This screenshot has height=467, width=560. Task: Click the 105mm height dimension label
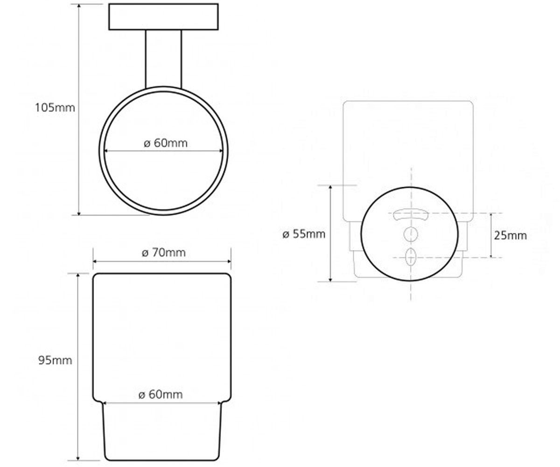coord(55,107)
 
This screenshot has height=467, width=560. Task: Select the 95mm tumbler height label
coord(55,360)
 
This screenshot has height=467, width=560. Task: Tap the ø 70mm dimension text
coord(164,253)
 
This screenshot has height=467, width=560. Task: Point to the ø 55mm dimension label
coord(304,234)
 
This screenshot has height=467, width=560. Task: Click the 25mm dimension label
coord(511,235)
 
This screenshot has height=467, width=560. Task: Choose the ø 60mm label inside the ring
coord(166,143)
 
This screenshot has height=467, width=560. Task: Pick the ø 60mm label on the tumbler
coord(161,395)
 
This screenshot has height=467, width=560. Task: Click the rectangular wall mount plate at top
coord(163,17)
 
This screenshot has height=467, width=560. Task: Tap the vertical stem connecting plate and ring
coord(163,59)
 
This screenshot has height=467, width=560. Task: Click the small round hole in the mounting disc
coord(411,234)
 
